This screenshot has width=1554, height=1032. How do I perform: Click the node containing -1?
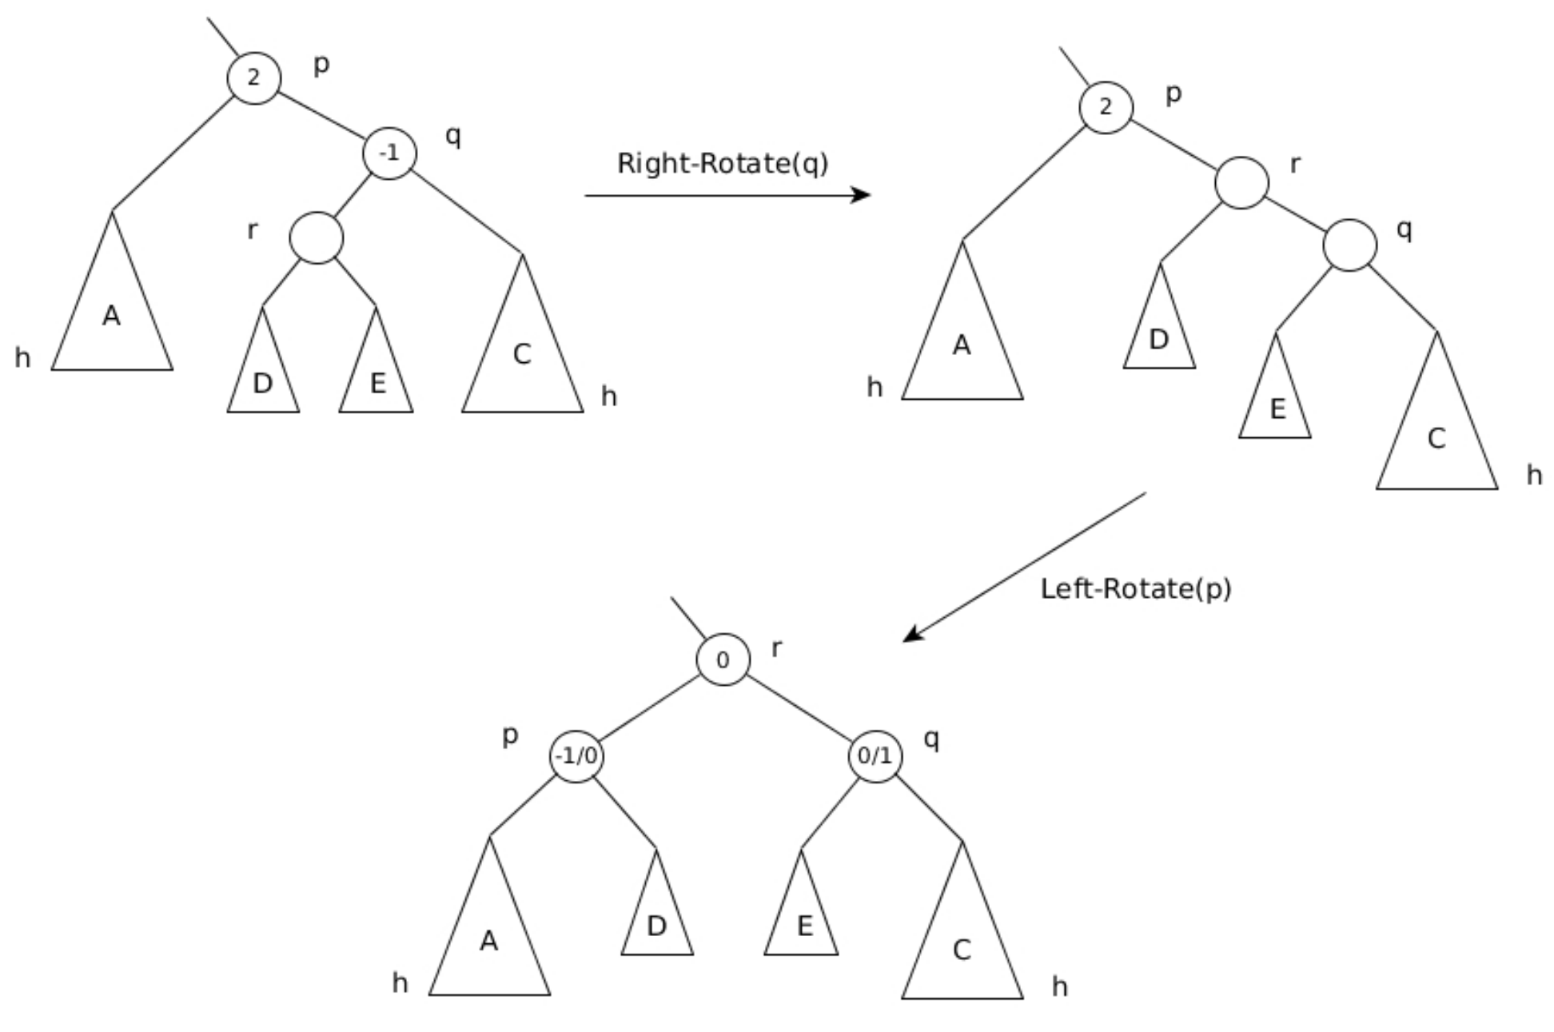[389, 153]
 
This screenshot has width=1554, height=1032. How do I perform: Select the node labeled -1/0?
[576, 755]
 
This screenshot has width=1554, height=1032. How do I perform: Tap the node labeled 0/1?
[875, 755]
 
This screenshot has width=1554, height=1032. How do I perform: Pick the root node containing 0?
[723, 660]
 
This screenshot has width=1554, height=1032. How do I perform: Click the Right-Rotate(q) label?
[723, 164]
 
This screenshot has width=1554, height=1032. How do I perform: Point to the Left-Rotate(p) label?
[1135, 589]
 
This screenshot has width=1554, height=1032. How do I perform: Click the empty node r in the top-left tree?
[317, 237]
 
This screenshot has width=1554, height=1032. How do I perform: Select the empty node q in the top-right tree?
[1349, 245]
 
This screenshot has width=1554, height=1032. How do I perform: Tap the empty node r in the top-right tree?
[1241, 183]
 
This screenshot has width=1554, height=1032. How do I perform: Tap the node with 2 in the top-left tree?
[254, 78]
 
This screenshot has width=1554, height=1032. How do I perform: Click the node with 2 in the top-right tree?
[1106, 107]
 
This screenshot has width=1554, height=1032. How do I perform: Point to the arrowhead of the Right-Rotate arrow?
[863, 195]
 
